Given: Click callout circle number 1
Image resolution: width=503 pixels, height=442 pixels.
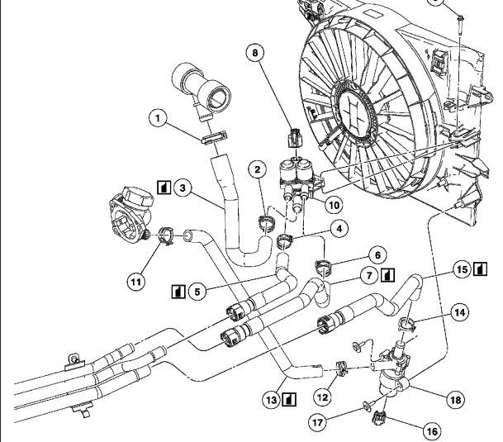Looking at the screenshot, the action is pyautogui.click(x=158, y=118).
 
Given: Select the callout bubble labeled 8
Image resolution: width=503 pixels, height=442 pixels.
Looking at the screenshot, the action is pyautogui.click(x=255, y=52).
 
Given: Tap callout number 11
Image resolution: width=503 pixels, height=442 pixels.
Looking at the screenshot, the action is pyautogui.click(x=135, y=283).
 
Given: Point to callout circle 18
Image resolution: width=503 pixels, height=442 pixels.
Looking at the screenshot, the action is pyautogui.click(x=455, y=400).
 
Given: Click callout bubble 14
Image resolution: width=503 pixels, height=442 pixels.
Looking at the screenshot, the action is pyautogui.click(x=460, y=312).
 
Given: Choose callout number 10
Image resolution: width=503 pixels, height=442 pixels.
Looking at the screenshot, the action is pyautogui.click(x=334, y=205).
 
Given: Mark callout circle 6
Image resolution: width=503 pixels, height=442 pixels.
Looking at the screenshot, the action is pyautogui.click(x=377, y=255).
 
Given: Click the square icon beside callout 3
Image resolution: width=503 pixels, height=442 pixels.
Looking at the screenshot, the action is pyautogui.click(x=164, y=188).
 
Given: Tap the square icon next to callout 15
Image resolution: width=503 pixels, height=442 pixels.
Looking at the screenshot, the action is pyautogui.click(x=480, y=269).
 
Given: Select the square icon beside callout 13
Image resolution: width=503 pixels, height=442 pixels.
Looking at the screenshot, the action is pyautogui.click(x=289, y=400).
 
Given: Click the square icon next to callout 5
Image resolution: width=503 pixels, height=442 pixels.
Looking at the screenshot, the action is pyautogui.click(x=178, y=292).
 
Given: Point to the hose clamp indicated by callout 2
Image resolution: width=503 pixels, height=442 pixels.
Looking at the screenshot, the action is pyautogui.click(x=266, y=222).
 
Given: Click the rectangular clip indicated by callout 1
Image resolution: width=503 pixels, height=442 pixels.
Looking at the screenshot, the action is pyautogui.click(x=214, y=137).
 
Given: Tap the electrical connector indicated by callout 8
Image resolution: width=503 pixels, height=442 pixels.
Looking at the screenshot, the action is pyautogui.click(x=295, y=138).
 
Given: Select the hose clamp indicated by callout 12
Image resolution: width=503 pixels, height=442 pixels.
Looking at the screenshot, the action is pyautogui.click(x=342, y=368).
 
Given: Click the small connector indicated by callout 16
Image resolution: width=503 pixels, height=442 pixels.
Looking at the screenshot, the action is pyautogui.click(x=379, y=418).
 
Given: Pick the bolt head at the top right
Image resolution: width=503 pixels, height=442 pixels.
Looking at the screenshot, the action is pyautogui.click(x=460, y=17).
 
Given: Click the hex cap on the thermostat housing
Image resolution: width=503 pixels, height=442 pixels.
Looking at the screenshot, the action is pyautogui.click(x=137, y=197).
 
